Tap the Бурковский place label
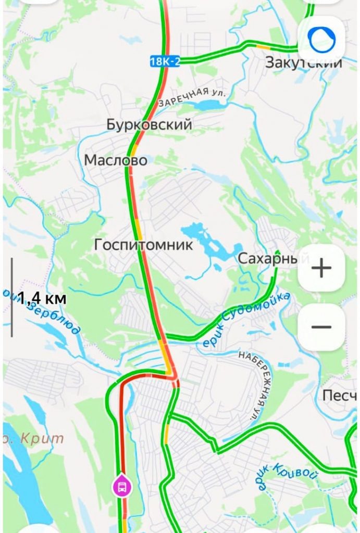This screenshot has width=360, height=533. (x=149, y=125)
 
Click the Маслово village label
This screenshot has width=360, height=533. (x=116, y=160)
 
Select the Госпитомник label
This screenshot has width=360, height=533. (x=143, y=244)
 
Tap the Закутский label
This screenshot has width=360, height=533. (x=303, y=63)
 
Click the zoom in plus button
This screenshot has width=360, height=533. (x=321, y=269)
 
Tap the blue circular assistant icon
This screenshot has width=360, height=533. (x=321, y=39)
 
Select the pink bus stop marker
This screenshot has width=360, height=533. (x=121, y=487)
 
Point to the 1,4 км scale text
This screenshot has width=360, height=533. (x=42, y=298)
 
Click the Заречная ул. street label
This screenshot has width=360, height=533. (x=192, y=96)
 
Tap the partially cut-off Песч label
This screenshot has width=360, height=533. (x=339, y=395)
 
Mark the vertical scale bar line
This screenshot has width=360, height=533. (x=12, y=297)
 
